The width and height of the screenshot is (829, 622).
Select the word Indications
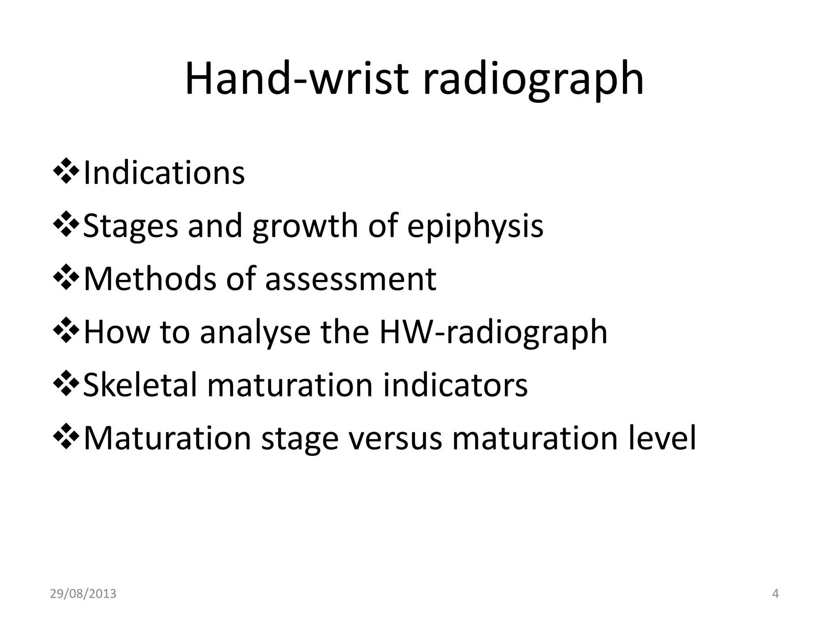(164, 173)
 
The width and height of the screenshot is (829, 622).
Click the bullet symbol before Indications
(66, 172)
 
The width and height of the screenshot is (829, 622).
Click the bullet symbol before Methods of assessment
(66, 277)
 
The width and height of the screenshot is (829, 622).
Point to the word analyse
(255, 332)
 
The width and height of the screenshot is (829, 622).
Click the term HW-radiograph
(493, 332)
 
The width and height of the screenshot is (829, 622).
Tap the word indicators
(455, 385)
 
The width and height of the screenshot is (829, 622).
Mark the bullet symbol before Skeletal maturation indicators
(66, 383)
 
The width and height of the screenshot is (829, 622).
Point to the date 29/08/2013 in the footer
(83, 594)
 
